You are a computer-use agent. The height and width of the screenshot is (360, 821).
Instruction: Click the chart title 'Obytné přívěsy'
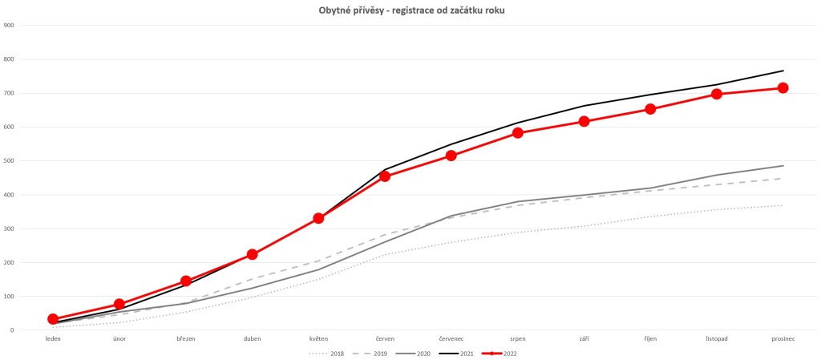(x=410, y=10)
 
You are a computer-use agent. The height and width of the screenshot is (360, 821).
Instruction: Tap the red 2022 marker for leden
(x=53, y=319)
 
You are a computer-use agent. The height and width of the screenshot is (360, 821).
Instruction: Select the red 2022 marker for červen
(x=385, y=176)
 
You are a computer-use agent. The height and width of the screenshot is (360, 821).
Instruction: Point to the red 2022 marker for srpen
(x=518, y=133)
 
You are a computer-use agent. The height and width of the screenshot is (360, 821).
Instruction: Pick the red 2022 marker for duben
(x=253, y=254)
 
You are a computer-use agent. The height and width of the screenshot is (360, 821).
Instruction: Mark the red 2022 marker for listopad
(x=716, y=94)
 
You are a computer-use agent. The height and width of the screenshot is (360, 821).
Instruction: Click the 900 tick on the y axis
(x=10, y=26)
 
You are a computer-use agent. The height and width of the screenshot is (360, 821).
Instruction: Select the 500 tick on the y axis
(x=10, y=161)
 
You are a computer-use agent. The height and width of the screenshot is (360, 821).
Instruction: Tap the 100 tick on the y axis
(x=10, y=297)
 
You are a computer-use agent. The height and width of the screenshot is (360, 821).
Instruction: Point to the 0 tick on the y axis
(x=11, y=330)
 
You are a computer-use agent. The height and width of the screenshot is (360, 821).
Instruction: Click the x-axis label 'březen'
(x=186, y=339)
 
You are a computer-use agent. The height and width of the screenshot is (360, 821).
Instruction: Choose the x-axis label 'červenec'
(x=451, y=339)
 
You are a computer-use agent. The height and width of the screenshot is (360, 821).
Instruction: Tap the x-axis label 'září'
(x=584, y=339)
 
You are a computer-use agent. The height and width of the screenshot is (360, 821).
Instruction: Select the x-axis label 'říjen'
(x=650, y=339)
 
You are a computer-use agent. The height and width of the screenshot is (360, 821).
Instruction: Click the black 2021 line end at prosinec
(x=783, y=71)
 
